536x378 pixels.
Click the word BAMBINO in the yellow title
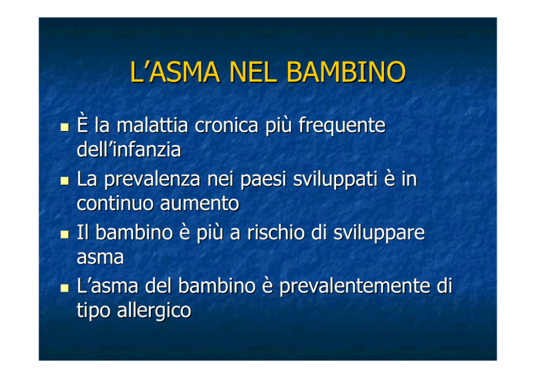[346, 72]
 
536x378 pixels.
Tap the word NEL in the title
[253, 72]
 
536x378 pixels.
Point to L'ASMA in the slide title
[175, 72]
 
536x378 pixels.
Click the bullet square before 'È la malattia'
[65, 128]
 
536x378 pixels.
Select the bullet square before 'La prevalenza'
[65, 181]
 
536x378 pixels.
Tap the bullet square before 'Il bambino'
[65, 235]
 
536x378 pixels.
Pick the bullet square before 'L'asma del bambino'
[65, 288]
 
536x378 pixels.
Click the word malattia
[152, 125]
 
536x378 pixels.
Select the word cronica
[226, 125]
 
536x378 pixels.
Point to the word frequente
[342, 126]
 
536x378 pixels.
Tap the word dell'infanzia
[129, 149]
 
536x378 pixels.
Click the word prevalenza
[152, 180]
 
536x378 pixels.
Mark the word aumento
[199, 204]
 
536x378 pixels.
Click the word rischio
[276, 232]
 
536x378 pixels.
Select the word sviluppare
[379, 233]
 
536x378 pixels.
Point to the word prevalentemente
[355, 286]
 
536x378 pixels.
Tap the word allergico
[154, 311]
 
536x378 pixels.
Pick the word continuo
[115, 204]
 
